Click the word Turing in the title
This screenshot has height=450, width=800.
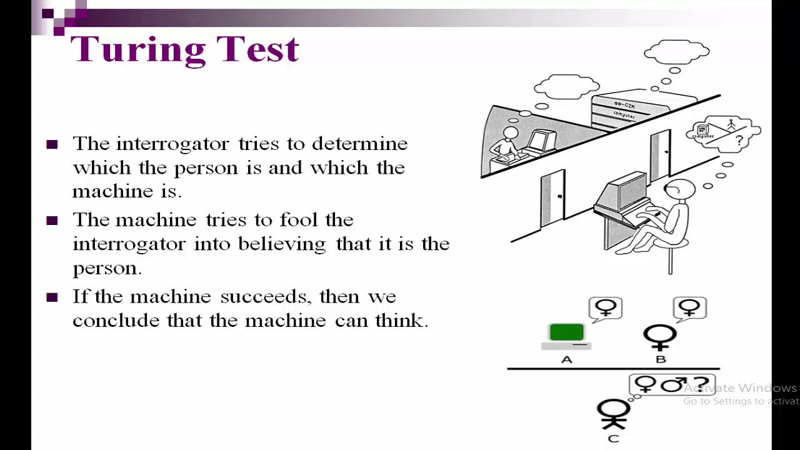(138, 49)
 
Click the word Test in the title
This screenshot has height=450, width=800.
(257, 49)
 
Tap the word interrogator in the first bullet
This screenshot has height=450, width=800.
(173, 144)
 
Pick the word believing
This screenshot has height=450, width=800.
(282, 244)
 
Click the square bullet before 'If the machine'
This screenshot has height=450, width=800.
(52, 297)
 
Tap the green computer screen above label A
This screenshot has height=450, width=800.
(567, 332)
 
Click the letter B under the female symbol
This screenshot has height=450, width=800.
(661, 359)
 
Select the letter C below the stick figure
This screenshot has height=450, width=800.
(613, 439)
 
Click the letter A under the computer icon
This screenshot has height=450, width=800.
(567, 359)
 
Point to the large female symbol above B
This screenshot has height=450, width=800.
(659, 337)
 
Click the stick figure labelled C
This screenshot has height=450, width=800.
(613, 414)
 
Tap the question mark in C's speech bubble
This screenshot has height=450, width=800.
(701, 385)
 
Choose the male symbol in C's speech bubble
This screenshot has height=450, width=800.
(674, 384)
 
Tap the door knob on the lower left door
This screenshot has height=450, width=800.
(559, 196)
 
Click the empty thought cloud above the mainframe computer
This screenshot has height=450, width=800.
(677, 52)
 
